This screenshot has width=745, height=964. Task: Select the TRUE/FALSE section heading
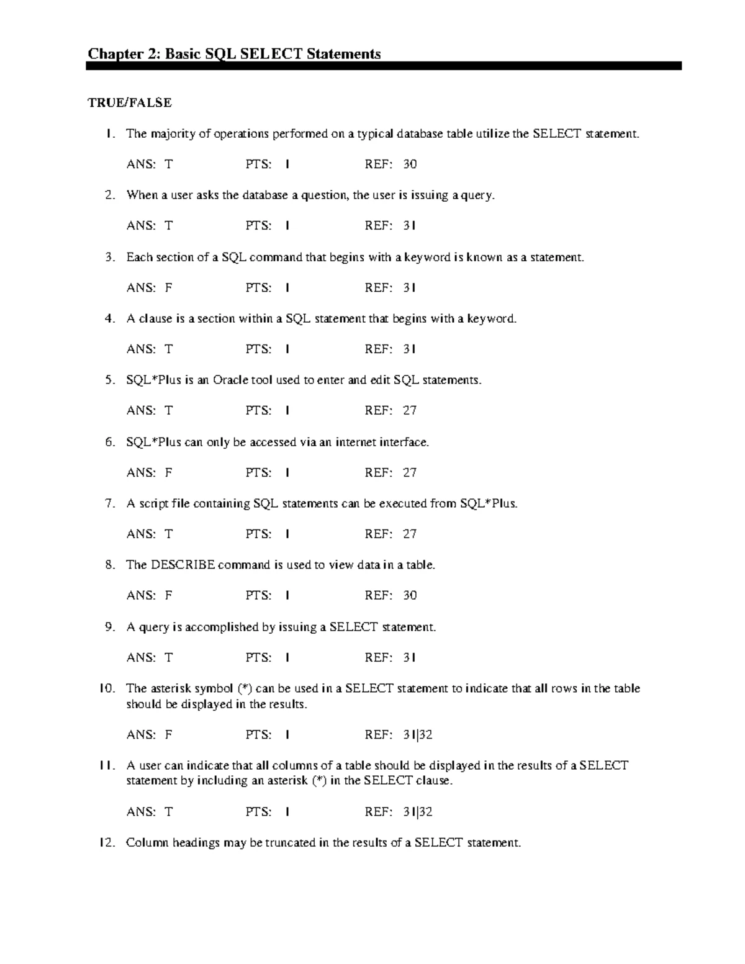tap(130, 102)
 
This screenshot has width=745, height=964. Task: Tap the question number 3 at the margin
tap(110, 257)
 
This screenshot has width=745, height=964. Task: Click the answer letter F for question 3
tap(168, 287)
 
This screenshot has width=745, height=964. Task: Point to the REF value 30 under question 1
tap(410, 164)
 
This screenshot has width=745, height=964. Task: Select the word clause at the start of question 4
tap(155, 318)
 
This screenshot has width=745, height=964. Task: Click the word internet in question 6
tap(359, 442)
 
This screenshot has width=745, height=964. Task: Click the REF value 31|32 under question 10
tap(417, 735)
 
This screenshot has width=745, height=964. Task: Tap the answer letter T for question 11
tap(168, 812)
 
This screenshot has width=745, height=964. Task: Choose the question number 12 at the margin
tap(107, 842)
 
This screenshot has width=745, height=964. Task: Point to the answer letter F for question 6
tap(168, 472)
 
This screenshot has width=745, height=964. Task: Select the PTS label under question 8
tap(258, 595)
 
